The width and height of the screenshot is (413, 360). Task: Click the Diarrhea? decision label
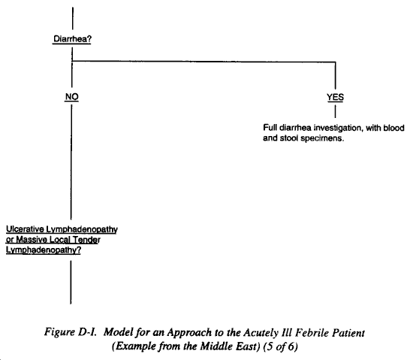(72, 39)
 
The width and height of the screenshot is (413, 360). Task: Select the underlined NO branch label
(71, 97)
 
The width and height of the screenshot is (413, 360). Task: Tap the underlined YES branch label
(335, 97)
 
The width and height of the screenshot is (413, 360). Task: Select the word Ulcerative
(25, 229)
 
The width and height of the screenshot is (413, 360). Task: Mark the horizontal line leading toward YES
(203, 62)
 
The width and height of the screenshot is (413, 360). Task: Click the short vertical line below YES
(335, 111)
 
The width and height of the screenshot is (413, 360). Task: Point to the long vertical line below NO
(71, 162)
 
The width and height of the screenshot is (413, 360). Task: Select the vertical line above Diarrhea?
(73, 18)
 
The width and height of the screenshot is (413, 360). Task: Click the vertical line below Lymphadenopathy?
(71, 283)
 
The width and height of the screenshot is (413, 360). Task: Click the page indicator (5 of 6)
(281, 346)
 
